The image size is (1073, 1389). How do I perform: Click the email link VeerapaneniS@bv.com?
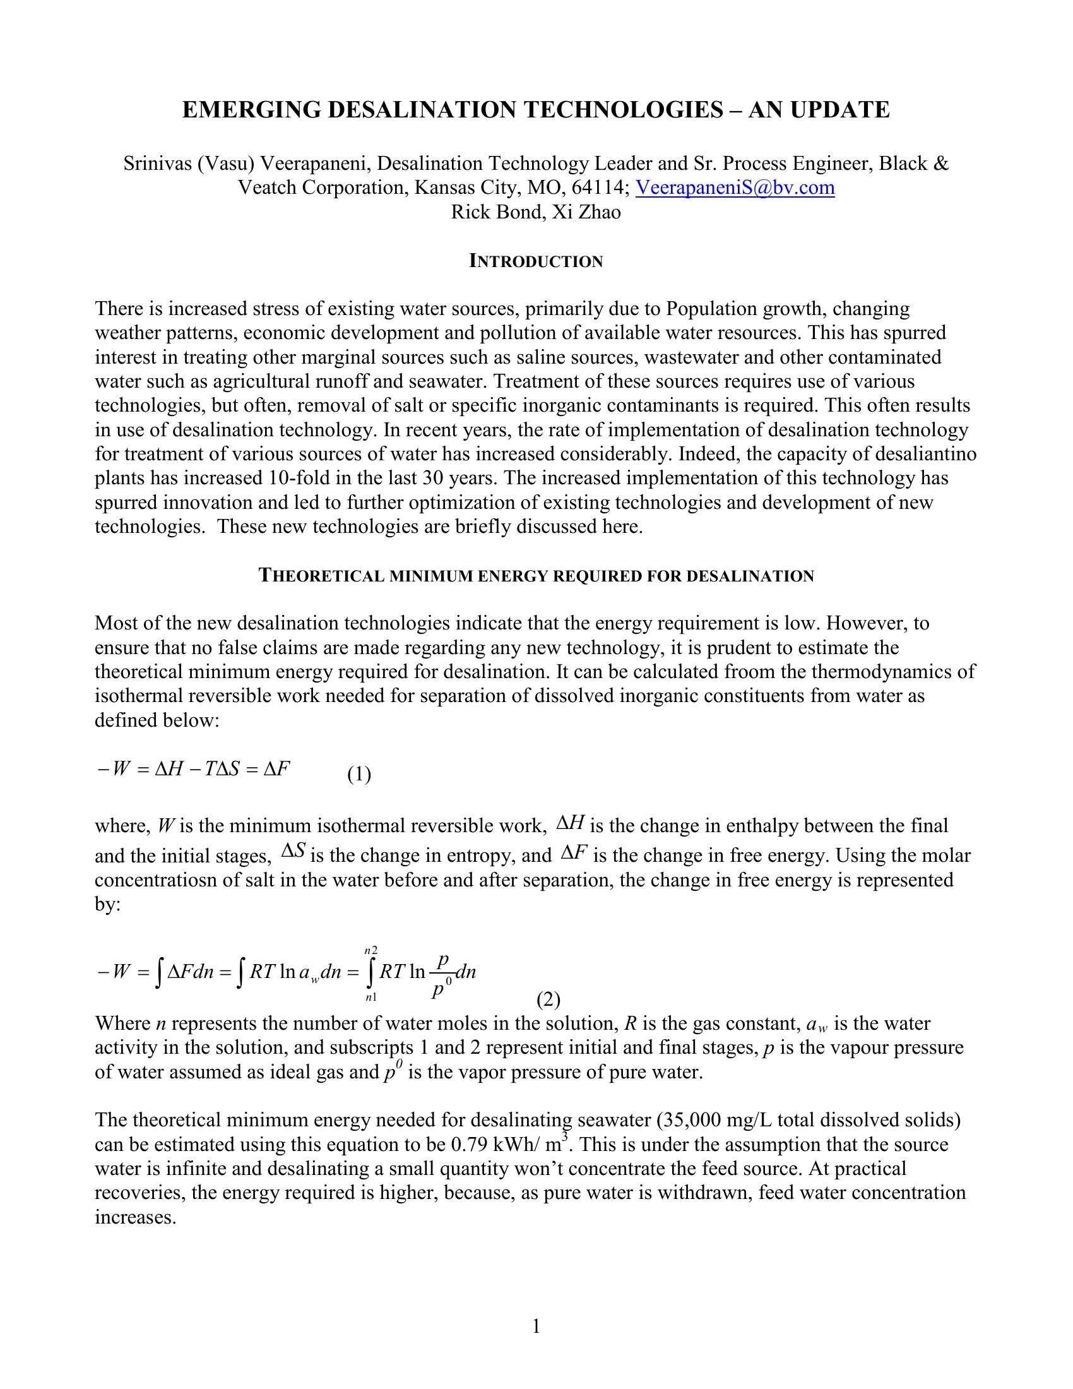735,188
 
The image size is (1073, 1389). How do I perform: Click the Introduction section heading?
536,261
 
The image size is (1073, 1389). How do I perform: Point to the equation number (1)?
359,775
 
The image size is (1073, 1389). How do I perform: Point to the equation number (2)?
548,1001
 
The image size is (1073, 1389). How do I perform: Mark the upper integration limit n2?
371,951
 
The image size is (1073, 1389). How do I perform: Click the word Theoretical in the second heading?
322,576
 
